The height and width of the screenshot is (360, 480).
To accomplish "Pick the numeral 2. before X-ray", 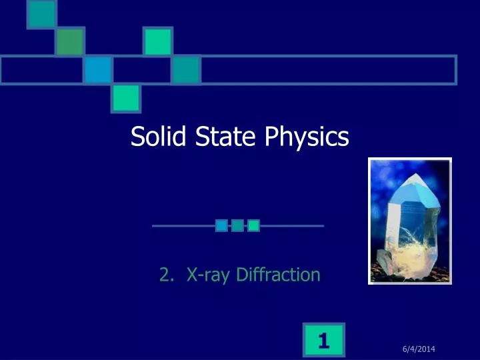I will click(x=167, y=274).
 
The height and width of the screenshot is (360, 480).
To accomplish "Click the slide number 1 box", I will click(x=324, y=341).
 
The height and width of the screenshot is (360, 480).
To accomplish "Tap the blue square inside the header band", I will click(x=98, y=70).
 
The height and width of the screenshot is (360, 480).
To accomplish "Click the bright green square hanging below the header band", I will click(x=126, y=98).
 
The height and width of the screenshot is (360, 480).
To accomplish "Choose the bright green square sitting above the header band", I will click(x=158, y=41).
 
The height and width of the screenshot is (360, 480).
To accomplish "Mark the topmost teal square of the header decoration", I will click(x=41, y=14).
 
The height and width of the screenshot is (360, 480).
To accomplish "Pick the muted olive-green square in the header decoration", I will click(x=69, y=42).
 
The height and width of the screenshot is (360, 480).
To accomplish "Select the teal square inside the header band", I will click(x=186, y=70).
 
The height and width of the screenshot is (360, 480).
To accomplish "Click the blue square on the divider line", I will click(x=221, y=226).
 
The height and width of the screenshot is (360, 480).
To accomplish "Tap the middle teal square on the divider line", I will click(x=237, y=226).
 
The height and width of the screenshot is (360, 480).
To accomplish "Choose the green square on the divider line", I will click(x=253, y=226).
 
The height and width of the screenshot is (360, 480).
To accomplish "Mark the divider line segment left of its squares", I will click(x=183, y=226).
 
